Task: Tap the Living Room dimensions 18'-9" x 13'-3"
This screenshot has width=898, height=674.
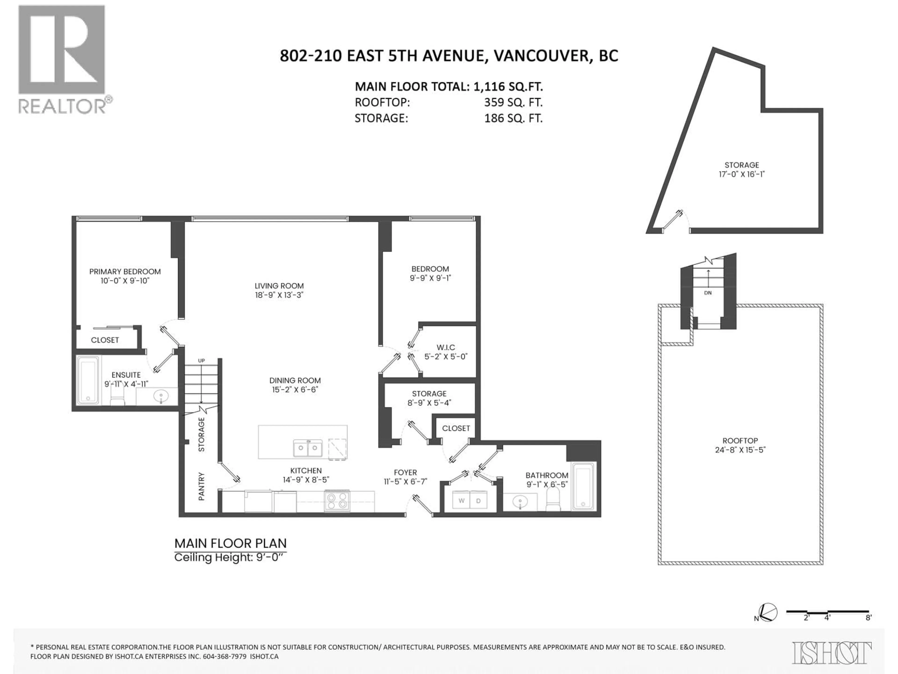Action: [x=279, y=295]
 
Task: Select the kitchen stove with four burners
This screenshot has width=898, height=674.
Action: [x=337, y=501]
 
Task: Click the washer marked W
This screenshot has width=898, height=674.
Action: [x=461, y=501]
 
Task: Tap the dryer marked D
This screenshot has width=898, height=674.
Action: [x=478, y=501]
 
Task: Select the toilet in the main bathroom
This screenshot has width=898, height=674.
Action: [x=553, y=500]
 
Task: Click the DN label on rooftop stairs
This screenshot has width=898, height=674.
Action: [x=708, y=293]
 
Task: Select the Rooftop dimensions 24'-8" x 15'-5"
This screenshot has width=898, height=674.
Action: [x=740, y=450]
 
